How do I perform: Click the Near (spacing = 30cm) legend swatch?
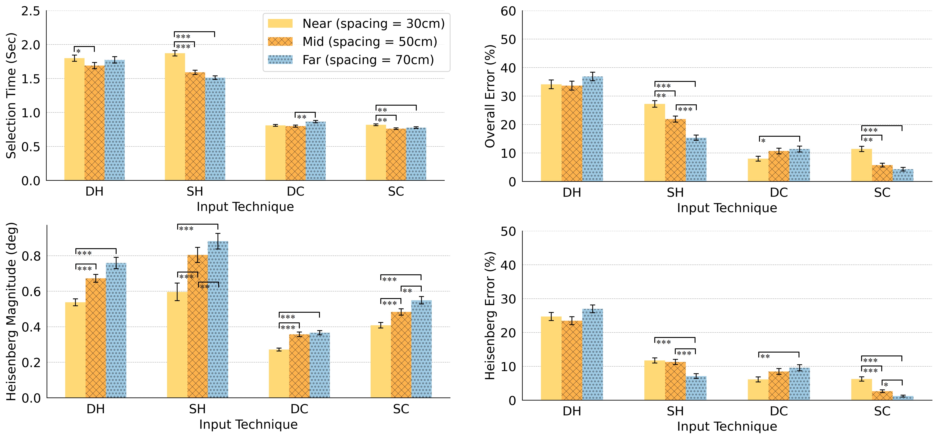pyautogui.click(x=280, y=24)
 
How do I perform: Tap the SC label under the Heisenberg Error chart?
pyautogui.click(x=882, y=411)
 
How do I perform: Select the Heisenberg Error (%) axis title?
pyautogui.click(x=490, y=316)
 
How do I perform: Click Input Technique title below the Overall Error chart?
pyautogui.click(x=727, y=208)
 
